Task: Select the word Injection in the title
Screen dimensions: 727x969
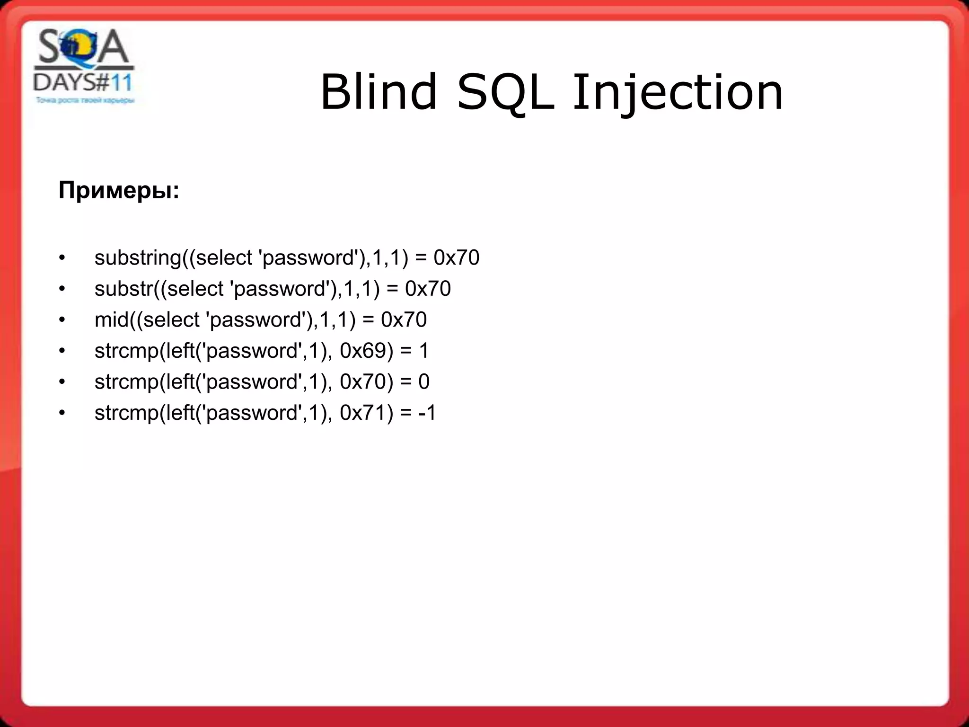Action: click(x=678, y=93)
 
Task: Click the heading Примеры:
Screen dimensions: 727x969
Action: click(x=119, y=191)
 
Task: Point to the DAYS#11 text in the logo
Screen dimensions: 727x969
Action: click(x=83, y=83)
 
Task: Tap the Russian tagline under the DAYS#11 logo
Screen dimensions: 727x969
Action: click(x=85, y=100)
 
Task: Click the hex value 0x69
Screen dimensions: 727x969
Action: click(x=366, y=351)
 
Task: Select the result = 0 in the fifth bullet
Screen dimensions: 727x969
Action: click(x=415, y=382)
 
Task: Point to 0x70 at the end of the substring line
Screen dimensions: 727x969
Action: click(x=456, y=258)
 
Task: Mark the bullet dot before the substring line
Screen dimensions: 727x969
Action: click(x=62, y=258)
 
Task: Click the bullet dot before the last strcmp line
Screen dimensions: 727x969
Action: click(x=62, y=413)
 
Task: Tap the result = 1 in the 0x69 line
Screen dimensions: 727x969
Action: click(x=415, y=351)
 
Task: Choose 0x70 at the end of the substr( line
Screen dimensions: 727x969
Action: click(x=428, y=289)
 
